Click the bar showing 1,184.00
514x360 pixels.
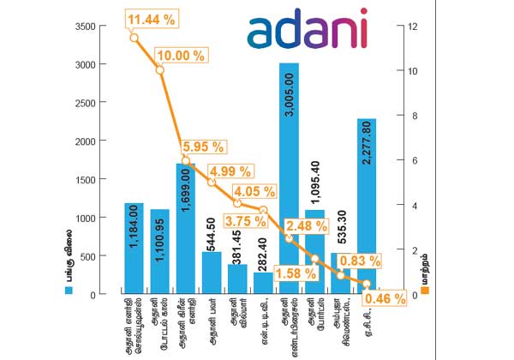[x=134, y=249]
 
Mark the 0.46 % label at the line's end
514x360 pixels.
[x=386, y=299]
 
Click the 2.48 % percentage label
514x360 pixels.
[x=307, y=226]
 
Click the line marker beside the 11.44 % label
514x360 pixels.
[x=134, y=37]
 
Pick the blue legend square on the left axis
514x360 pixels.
[x=69, y=291]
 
